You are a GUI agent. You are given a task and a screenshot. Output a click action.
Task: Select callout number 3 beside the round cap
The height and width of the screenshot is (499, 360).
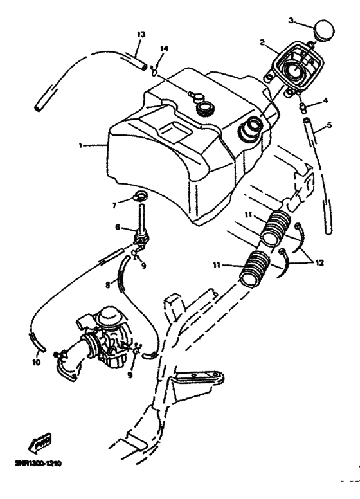tap(291, 21)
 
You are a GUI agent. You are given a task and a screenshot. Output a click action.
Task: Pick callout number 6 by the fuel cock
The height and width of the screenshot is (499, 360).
tap(328, 125)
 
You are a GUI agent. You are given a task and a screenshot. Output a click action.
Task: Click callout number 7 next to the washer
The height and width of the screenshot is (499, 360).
tap(118, 228)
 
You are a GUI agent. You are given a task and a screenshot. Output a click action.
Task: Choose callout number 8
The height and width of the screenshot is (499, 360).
tap(116, 205)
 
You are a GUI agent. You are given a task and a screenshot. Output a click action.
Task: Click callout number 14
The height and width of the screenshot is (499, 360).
tap(163, 48)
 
